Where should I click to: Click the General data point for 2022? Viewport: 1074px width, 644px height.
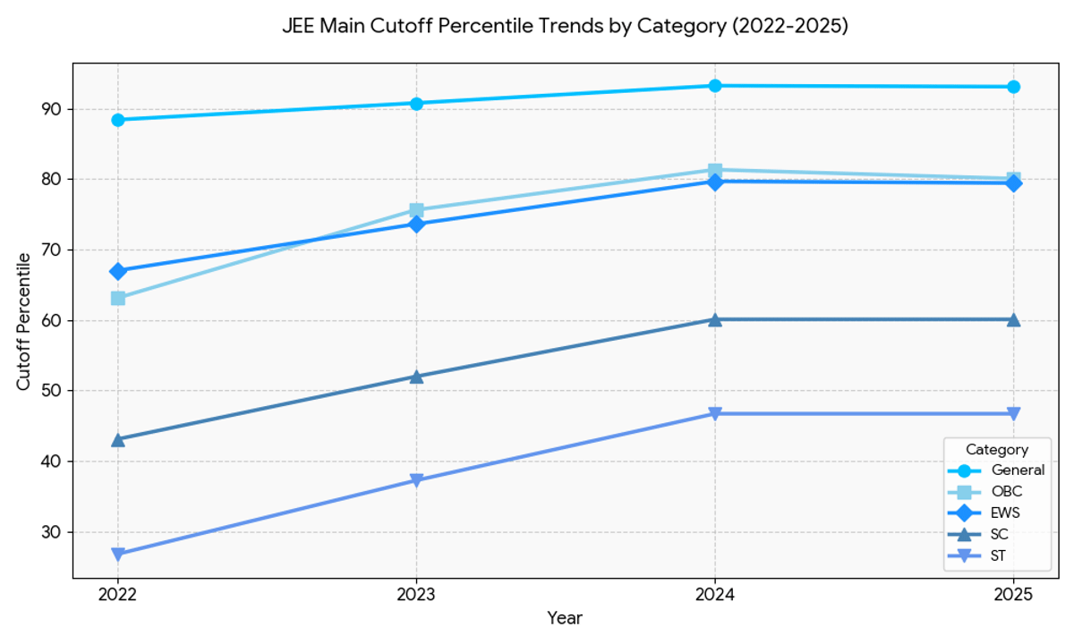coord(118,120)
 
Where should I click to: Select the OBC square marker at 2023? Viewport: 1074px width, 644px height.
coord(416,211)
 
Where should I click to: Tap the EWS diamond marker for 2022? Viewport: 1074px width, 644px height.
coord(118,271)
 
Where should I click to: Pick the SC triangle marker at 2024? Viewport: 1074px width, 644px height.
coord(715,319)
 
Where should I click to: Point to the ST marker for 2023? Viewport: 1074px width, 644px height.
coord(416,481)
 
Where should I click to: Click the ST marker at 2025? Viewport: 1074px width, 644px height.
coord(1013,413)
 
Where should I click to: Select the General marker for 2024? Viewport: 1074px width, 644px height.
coord(715,86)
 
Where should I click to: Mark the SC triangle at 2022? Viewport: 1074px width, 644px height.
coord(118,439)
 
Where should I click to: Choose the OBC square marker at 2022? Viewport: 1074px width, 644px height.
coord(118,298)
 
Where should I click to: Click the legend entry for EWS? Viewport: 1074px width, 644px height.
coord(1003,513)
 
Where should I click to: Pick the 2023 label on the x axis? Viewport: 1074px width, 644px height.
coord(416,593)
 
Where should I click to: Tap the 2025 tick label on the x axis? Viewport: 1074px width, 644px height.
coord(1013,593)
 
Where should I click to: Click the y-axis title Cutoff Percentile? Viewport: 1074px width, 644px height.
coord(24,320)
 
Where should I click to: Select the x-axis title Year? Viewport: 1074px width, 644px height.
coord(565,618)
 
